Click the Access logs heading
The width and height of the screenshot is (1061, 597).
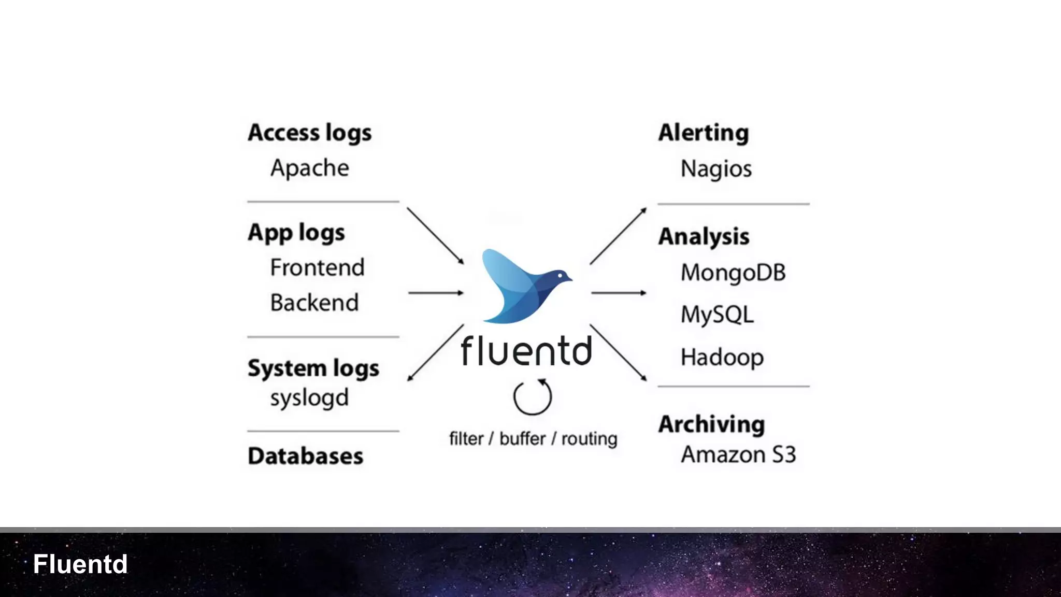pos(310,133)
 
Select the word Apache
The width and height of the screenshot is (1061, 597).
pos(310,168)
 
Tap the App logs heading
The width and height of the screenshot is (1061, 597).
pos(296,233)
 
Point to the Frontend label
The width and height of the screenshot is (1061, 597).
pos(317,268)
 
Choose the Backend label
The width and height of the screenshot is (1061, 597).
pos(314,303)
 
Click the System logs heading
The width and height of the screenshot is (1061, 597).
pos(313,368)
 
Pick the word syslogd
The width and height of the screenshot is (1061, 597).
pos(309,399)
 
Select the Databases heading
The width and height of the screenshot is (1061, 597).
pos(306,456)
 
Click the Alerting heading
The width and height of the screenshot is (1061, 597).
pos(704,133)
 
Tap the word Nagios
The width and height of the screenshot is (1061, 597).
pos(716,169)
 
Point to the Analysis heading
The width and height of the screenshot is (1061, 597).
pos(704,237)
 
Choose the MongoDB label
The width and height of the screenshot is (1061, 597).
pos(733,273)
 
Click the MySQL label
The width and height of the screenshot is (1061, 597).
pos(717,315)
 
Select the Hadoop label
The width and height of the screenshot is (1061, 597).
pos(722,357)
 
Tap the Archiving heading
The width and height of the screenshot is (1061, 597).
pos(711,424)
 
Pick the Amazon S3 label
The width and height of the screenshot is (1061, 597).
pos(738,454)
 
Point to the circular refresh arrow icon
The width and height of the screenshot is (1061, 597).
pos(533,397)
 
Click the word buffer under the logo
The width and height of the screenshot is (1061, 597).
pos(522,439)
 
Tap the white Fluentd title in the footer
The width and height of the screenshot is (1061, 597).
pos(80,564)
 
